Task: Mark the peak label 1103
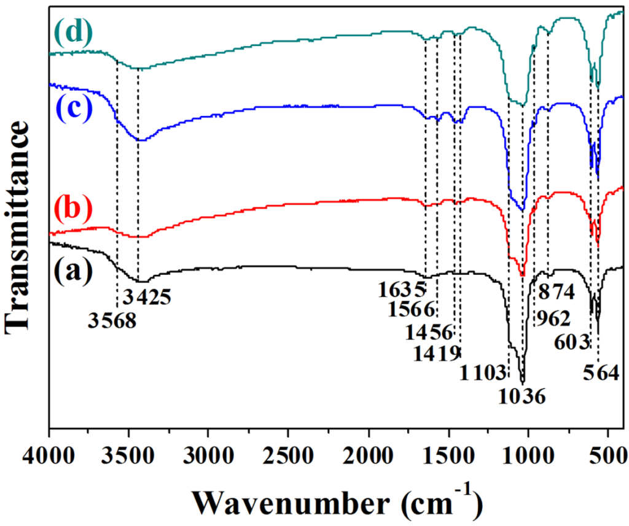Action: coord(483,372)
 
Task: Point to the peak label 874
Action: coord(557,291)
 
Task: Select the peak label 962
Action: coord(551,319)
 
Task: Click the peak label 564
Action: coord(601,373)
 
